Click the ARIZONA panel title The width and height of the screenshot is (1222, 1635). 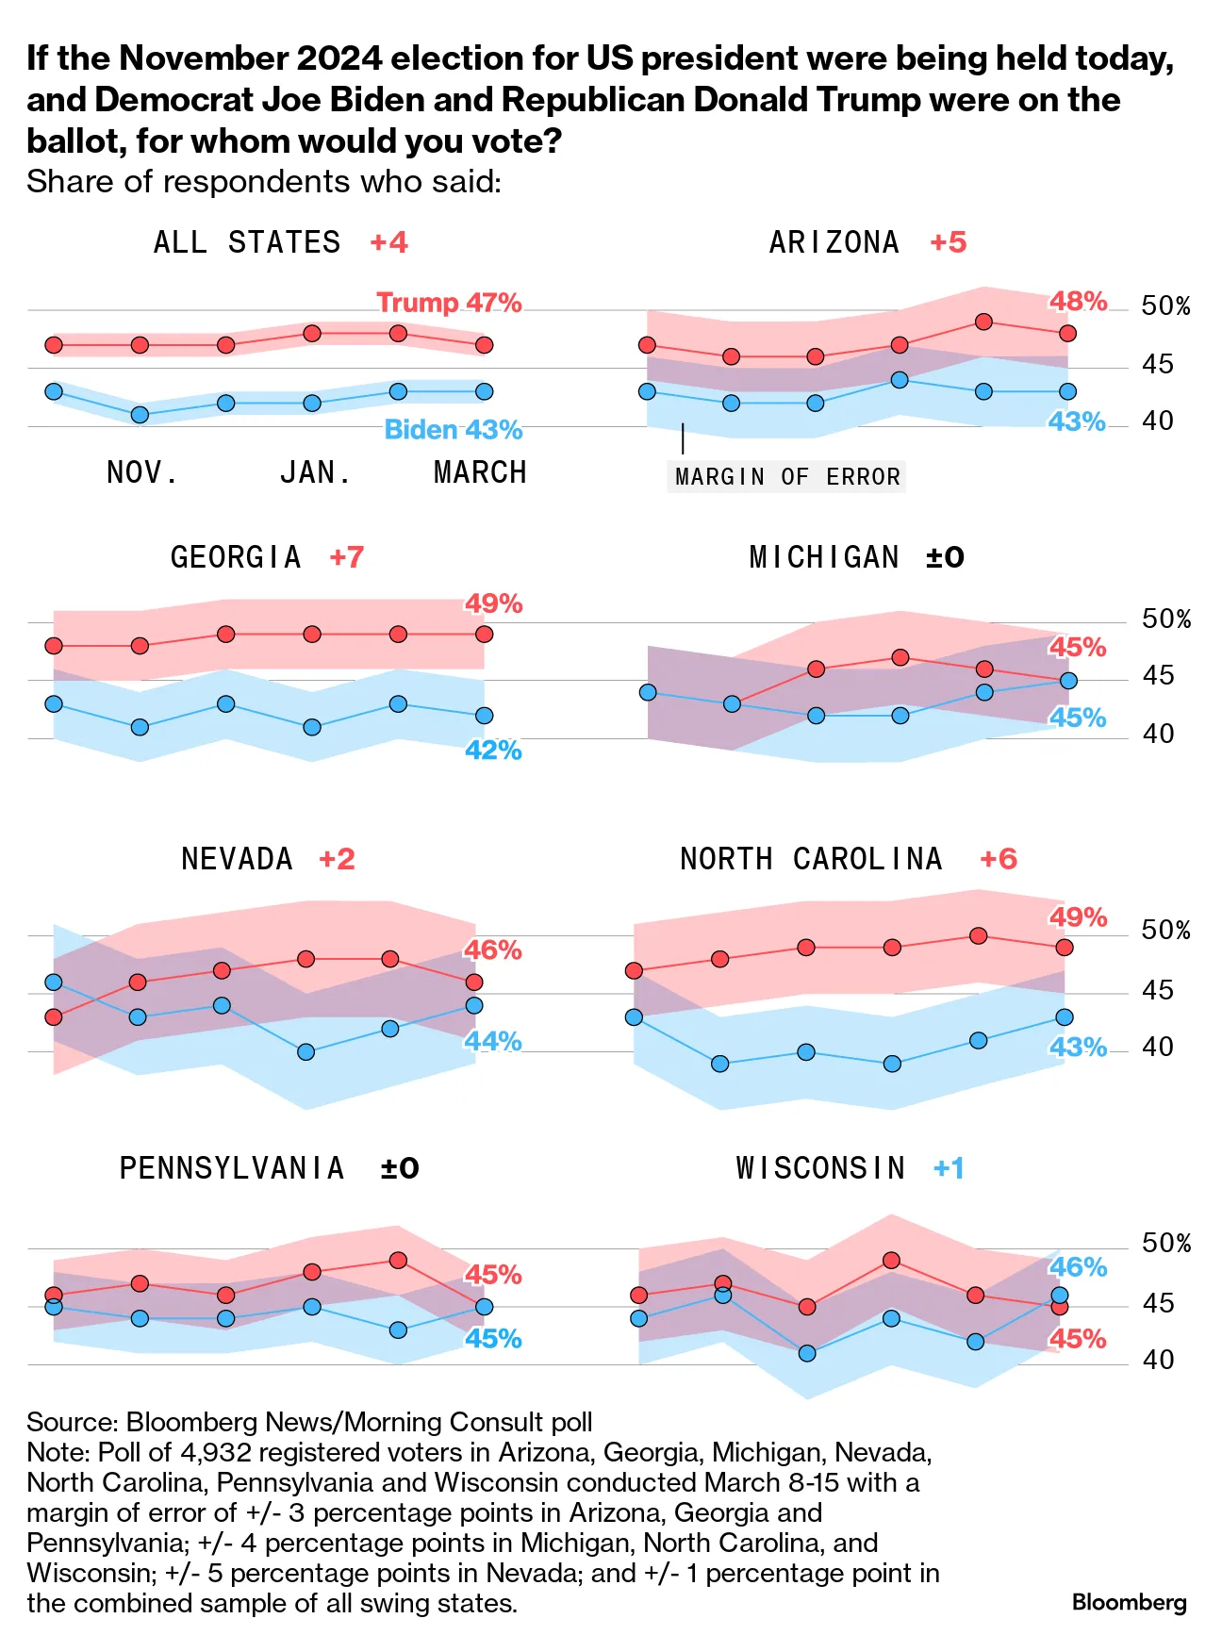(834, 242)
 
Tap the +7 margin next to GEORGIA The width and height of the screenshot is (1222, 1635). (346, 557)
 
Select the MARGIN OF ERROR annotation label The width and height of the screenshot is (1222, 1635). (787, 477)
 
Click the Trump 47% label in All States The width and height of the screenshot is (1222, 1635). (449, 303)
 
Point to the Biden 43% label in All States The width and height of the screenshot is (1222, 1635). (454, 430)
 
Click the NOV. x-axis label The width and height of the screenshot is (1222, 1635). (142, 472)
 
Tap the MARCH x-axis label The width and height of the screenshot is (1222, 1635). (480, 472)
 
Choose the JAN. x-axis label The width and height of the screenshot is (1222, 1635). (316, 472)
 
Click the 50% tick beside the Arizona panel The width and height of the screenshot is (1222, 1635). (1165, 306)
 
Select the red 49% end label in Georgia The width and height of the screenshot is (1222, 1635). (493, 603)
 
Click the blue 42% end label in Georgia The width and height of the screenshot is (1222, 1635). (493, 751)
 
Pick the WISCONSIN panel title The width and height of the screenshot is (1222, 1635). (820, 1168)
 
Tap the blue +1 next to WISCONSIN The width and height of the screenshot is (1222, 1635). (949, 1168)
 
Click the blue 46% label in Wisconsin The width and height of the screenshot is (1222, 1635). (1079, 1267)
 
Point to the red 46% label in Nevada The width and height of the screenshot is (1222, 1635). (493, 950)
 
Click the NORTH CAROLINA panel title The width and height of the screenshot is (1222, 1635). (811, 859)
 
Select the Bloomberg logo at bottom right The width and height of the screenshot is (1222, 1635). (1129, 1602)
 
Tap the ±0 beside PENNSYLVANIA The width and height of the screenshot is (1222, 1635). (400, 1168)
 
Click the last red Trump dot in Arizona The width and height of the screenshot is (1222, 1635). (1067, 333)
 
